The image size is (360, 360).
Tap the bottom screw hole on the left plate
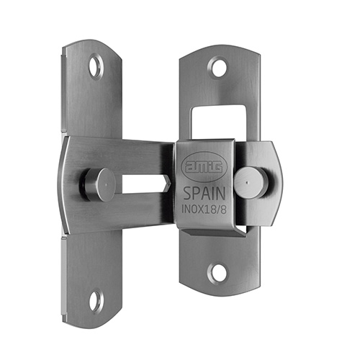(x=96, y=302)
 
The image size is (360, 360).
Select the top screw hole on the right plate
(x=218, y=67)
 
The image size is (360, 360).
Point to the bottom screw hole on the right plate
(x=217, y=273)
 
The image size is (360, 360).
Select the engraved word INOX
(x=191, y=210)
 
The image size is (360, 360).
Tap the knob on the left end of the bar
(x=102, y=184)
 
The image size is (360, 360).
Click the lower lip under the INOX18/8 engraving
(x=209, y=228)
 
